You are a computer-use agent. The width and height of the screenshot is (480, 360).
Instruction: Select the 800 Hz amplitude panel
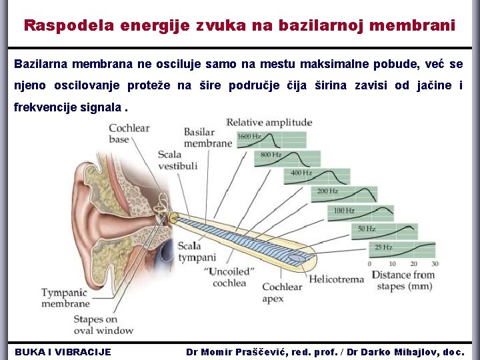(287, 158)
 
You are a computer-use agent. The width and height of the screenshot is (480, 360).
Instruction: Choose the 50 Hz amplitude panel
(385, 231)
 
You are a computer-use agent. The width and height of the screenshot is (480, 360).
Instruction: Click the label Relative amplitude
(269, 122)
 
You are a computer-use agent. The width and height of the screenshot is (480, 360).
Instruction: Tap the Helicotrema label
(336, 279)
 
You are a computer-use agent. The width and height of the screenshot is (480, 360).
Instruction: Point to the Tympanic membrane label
(65, 298)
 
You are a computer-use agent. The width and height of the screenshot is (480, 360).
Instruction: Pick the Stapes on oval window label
(103, 325)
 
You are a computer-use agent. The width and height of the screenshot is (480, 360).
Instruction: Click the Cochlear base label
(129, 133)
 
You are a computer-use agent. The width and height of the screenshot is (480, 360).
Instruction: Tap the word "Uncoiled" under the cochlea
(229, 271)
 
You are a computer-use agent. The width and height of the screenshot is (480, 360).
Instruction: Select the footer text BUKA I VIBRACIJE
(63, 351)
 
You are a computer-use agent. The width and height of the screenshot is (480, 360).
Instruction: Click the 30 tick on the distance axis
(435, 264)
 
